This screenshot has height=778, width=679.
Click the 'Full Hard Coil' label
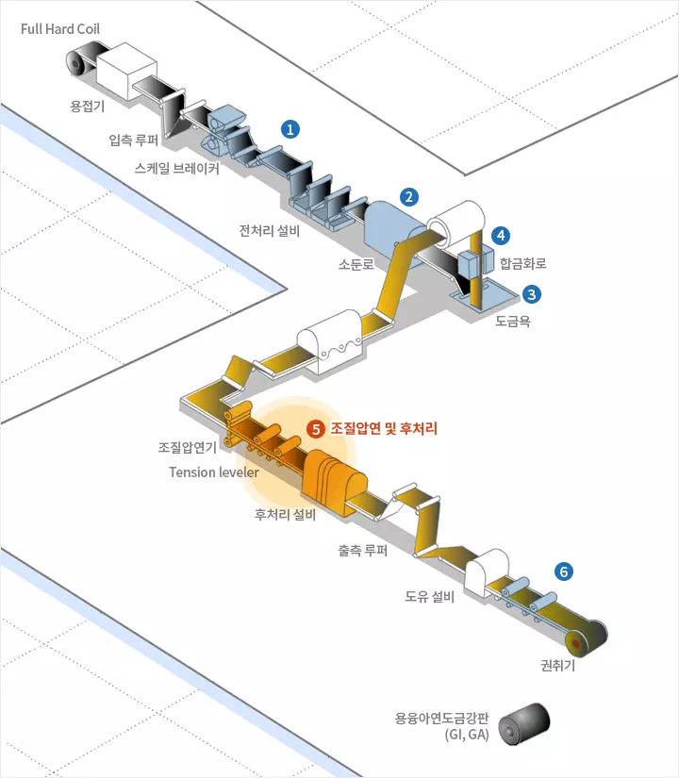(x=60, y=28)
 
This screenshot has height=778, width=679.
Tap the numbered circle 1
(x=291, y=126)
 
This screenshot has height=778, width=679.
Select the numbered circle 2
(x=409, y=197)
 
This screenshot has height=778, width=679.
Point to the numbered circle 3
(x=533, y=293)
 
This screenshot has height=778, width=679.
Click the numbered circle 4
(x=502, y=234)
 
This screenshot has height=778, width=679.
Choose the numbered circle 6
(x=564, y=571)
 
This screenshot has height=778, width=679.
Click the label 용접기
(x=88, y=106)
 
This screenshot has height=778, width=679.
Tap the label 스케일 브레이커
(x=176, y=169)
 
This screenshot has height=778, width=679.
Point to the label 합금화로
(x=523, y=263)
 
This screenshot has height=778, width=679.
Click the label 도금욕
(x=514, y=321)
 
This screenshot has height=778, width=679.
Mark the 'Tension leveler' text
(x=214, y=472)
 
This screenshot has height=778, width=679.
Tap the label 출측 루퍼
(x=362, y=550)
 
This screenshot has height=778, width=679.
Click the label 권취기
(x=557, y=664)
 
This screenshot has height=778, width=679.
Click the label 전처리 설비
(x=270, y=230)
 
